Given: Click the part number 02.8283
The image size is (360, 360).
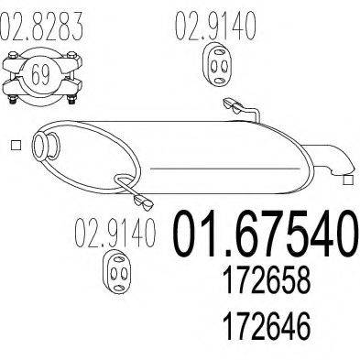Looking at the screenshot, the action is [41, 25].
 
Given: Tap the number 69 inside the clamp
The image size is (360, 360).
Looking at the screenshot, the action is [40, 74].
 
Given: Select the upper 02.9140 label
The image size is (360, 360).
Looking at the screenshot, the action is [215, 25].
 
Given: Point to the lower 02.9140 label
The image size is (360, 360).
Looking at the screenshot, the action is [115, 233].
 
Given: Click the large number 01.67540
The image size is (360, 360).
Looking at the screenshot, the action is [265, 234].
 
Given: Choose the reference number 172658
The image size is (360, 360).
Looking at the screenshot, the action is [267, 280].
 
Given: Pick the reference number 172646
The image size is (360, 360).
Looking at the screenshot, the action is [267, 324].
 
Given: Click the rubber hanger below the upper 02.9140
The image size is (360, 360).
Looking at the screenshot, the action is [217, 64].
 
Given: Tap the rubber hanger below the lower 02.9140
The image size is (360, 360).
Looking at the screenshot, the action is [118, 271].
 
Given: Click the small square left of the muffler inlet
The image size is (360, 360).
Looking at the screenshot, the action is [16, 146].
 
